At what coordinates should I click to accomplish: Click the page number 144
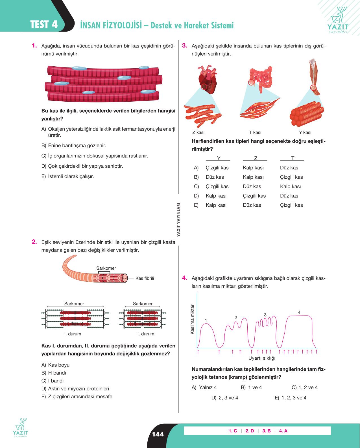tap(158, 434)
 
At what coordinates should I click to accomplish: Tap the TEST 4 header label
tap(44, 24)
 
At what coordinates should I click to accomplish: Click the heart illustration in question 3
tap(207, 79)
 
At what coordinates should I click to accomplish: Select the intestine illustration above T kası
tap(261, 79)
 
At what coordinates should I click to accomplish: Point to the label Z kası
tap(198, 132)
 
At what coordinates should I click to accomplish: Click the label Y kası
tap(305, 132)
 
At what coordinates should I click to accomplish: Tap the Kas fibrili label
tap(145, 278)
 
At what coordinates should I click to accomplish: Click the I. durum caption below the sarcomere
tap(73, 334)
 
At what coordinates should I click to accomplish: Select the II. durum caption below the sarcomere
tap(145, 334)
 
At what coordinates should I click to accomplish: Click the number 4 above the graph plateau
tap(299, 312)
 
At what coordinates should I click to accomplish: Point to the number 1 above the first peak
tap(206, 320)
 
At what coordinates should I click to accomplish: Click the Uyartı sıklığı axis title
tap(262, 358)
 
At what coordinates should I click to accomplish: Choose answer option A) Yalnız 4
tap(204, 387)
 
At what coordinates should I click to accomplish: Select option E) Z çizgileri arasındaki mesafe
tap(77, 397)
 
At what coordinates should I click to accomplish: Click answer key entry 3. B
tap(267, 431)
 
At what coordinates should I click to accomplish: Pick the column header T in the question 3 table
tap(293, 158)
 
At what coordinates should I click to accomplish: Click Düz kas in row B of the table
tap(215, 177)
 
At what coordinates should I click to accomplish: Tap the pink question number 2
tap(34, 242)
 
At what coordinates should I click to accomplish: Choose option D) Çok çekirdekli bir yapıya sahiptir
tap(82, 166)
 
